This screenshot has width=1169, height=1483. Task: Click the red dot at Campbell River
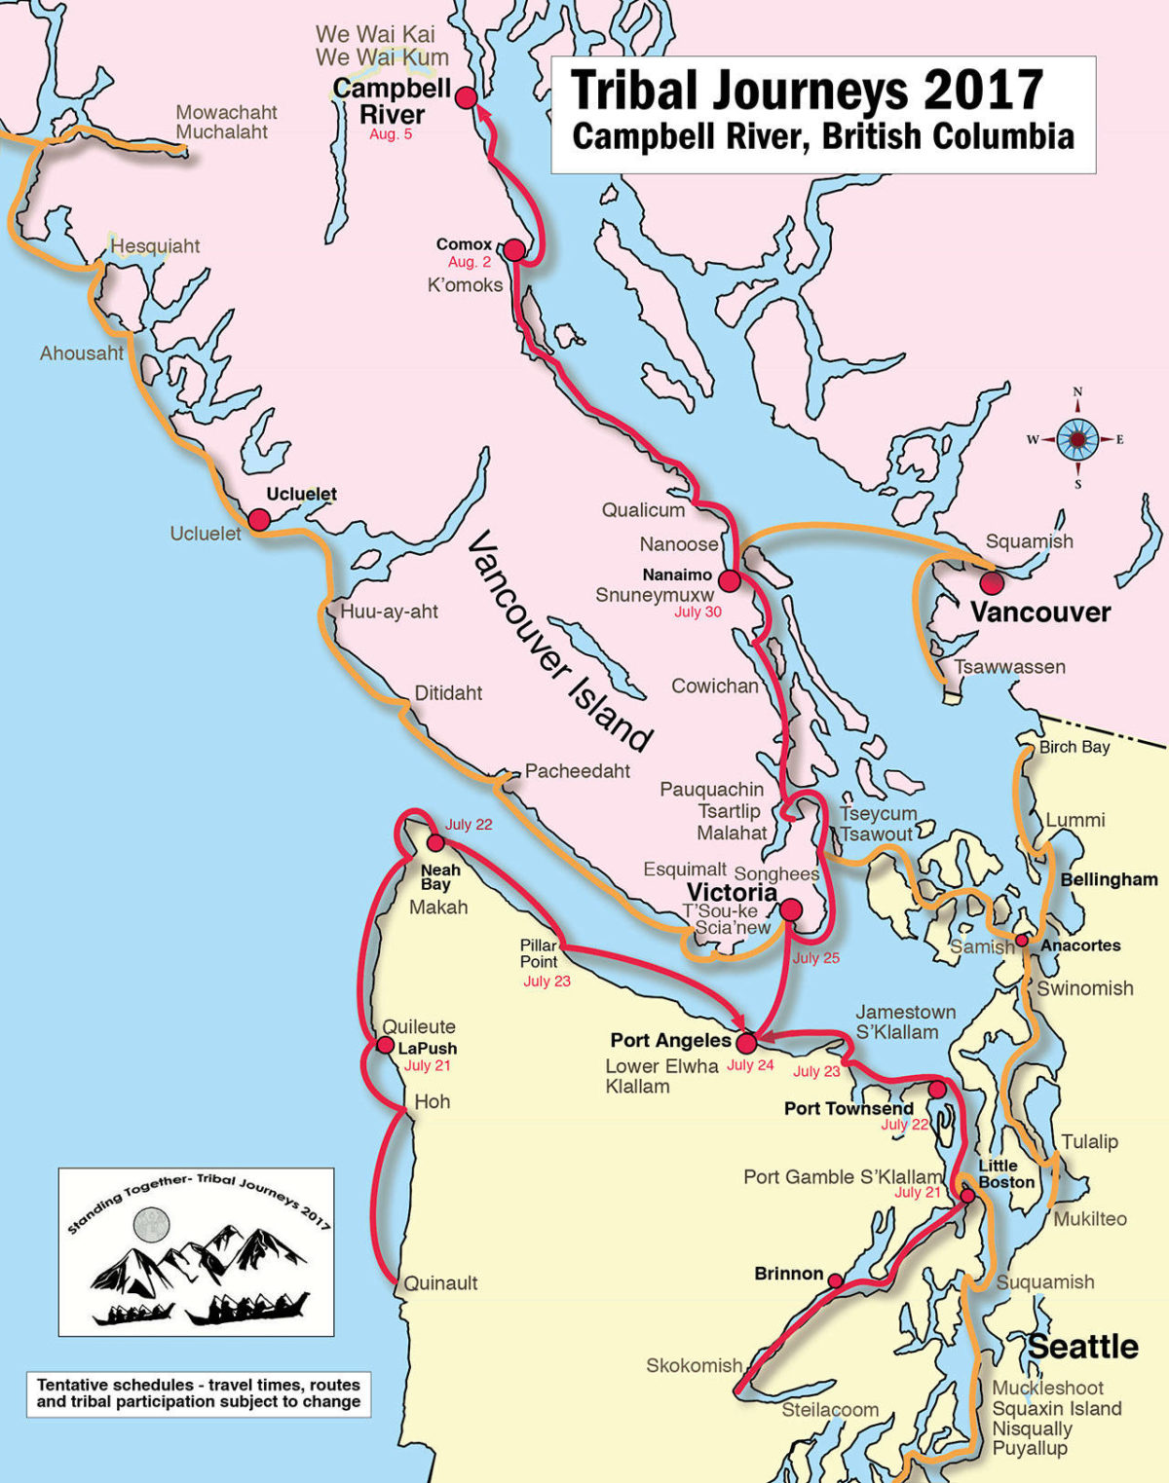[x=467, y=97]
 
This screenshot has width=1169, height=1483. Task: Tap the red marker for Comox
[x=514, y=250]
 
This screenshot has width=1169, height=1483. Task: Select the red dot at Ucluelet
[x=258, y=520]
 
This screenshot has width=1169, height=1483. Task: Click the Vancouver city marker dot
[x=992, y=583]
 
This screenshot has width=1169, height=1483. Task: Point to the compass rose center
[x=1077, y=439]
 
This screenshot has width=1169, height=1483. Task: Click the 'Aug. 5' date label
[x=391, y=134]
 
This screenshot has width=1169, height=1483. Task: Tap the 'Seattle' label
[x=1083, y=1347]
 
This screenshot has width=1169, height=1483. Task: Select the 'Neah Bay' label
[x=439, y=876]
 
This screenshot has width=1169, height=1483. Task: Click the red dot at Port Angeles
[x=746, y=1043]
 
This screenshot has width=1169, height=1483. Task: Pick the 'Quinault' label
[x=440, y=1283]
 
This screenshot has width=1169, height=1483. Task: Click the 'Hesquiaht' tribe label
[x=155, y=246]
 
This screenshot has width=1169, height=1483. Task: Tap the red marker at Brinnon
[x=836, y=1280]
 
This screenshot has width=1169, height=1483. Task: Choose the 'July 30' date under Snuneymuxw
[x=698, y=612]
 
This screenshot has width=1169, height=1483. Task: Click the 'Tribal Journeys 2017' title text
[x=808, y=91]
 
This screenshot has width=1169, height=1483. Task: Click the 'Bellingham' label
[x=1109, y=879]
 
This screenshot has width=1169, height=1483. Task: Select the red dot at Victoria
[x=791, y=909]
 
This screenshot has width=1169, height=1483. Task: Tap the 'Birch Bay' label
[x=1074, y=747]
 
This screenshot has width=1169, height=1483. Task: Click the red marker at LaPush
[x=385, y=1047]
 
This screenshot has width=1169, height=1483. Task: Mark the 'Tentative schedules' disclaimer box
[x=199, y=1393]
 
